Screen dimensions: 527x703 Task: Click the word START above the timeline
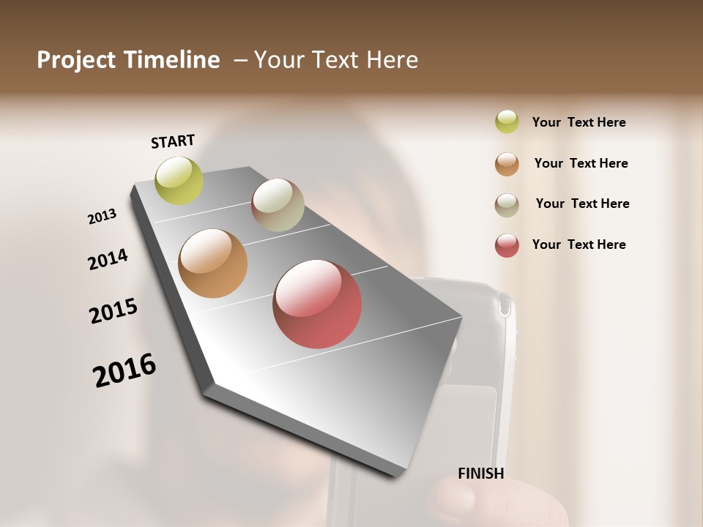173,141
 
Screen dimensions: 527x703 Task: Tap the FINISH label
481,474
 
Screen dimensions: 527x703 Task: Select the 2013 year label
103,217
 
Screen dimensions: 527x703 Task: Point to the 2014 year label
108,259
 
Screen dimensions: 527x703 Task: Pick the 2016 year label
124,370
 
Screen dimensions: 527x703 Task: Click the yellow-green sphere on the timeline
179,180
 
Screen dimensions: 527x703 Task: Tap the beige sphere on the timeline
278,205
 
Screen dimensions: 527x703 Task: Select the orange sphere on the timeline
213,263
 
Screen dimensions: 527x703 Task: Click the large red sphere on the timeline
317,304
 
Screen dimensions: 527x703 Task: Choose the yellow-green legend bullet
507,122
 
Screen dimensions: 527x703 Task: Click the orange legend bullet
507,164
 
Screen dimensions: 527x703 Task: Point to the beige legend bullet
507,205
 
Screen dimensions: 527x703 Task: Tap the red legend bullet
507,245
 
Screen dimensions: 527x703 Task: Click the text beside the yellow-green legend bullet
579,122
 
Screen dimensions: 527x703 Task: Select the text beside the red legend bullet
579,244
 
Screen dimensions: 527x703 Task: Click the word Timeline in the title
172,60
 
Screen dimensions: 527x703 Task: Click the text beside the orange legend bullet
581,163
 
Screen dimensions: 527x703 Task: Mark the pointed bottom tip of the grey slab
399,474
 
